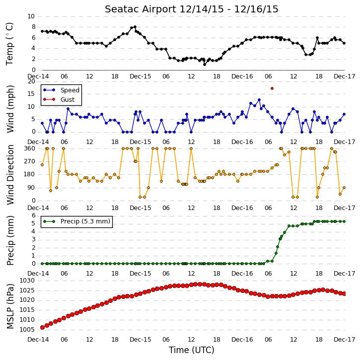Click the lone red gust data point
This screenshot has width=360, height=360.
(272, 88)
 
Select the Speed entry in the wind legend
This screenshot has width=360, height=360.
(70, 90)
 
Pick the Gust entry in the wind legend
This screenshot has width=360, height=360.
(68, 100)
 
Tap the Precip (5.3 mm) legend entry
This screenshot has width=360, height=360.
(85, 221)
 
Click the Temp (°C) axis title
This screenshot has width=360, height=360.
(9, 44)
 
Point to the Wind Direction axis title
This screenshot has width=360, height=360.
(10, 175)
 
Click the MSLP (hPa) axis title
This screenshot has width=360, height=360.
(10, 306)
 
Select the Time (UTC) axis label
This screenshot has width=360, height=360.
(192, 350)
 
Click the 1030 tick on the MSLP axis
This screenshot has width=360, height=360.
(27, 281)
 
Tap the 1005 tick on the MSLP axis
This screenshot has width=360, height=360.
(27, 330)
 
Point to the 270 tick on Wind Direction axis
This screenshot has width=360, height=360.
(30, 161)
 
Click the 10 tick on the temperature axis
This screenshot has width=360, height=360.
(31, 16)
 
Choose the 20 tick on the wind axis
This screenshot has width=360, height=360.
(31, 81)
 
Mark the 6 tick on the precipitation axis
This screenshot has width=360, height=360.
(34, 216)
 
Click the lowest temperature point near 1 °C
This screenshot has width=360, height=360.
(205, 65)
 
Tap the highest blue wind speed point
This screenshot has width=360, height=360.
(259, 100)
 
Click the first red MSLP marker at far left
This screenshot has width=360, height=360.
(42, 327)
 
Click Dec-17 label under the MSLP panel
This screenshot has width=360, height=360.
(345, 340)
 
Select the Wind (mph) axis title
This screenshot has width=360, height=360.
(10, 109)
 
